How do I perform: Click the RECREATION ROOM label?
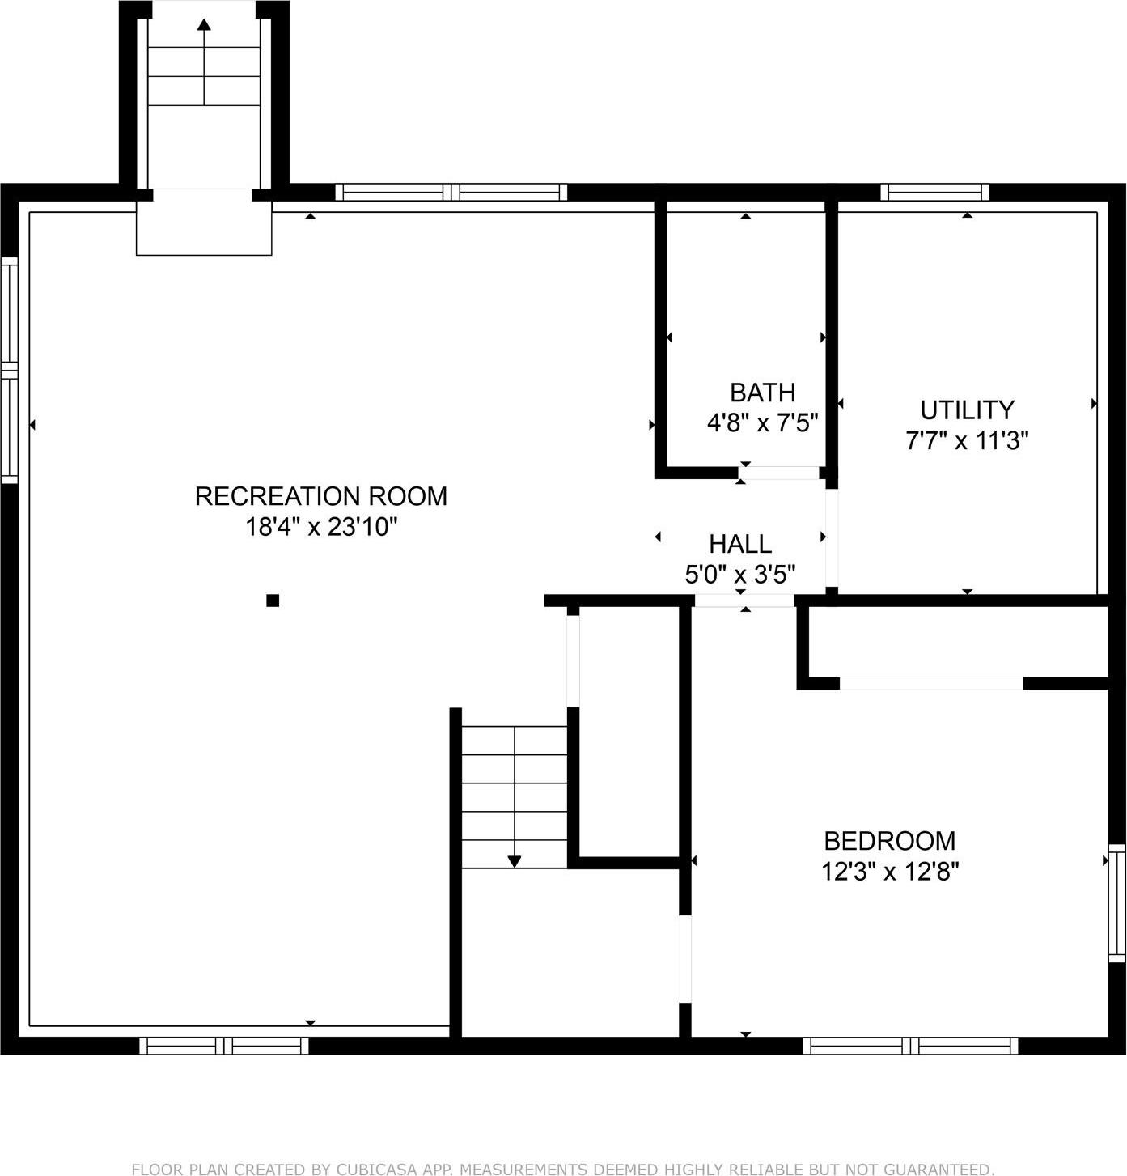click(321, 495)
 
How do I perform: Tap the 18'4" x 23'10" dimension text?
click(321, 527)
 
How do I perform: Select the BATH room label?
click(762, 393)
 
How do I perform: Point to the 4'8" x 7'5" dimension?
click(762, 422)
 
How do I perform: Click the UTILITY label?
click(967, 410)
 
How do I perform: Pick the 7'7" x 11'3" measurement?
click(967, 441)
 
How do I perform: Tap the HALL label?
click(739, 543)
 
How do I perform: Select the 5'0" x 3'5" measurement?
click(739, 575)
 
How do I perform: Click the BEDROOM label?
click(889, 841)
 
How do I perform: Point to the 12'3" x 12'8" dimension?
click(889, 872)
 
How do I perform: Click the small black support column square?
click(273, 601)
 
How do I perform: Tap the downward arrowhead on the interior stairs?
click(514, 861)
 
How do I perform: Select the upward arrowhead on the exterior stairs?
click(204, 24)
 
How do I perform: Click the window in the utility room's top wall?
click(934, 192)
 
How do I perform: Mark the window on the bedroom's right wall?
click(1116, 902)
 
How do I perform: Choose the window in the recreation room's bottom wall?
click(224, 1046)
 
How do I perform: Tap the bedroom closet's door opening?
click(931, 684)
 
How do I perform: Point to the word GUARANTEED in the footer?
click(923, 1169)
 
